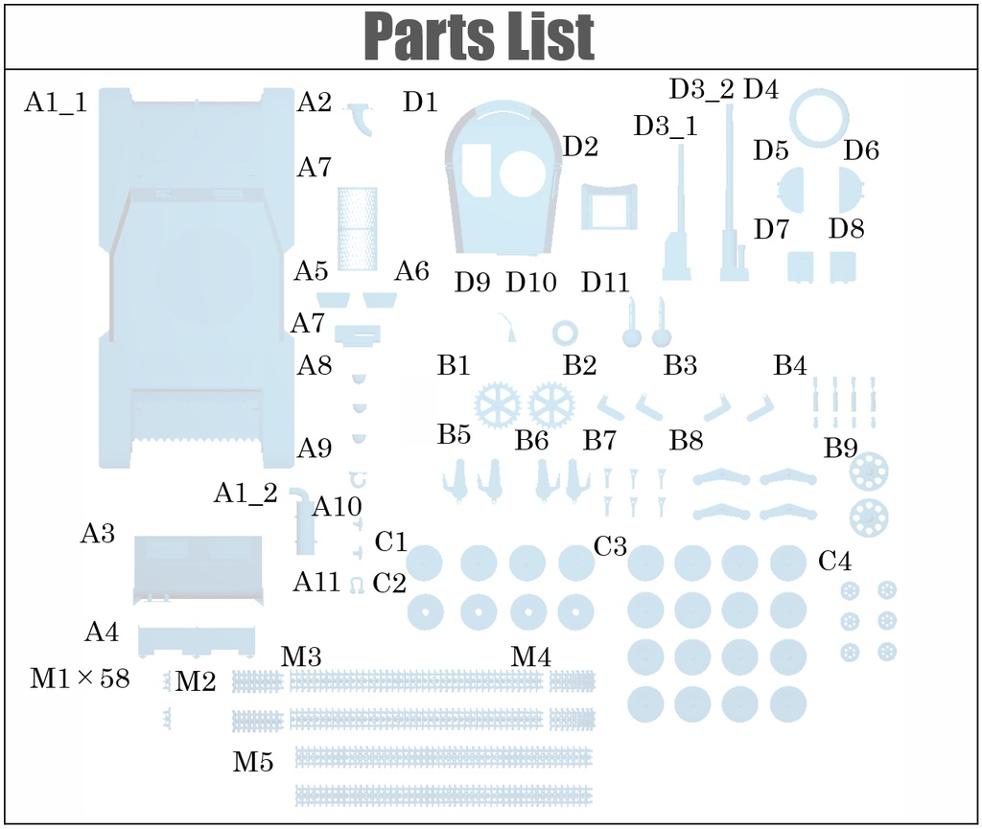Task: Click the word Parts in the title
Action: (x=417, y=37)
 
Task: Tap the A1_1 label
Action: (x=56, y=103)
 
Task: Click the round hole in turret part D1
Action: (x=524, y=172)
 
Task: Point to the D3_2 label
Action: (x=701, y=90)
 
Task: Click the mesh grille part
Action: (x=358, y=227)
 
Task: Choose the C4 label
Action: (x=834, y=562)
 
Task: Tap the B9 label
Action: (x=841, y=448)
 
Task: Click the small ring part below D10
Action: (x=565, y=333)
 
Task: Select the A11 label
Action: (x=317, y=582)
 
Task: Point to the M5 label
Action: (x=253, y=762)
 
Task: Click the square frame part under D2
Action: (x=609, y=207)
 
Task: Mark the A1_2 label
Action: (x=245, y=493)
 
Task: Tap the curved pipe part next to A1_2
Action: (x=304, y=518)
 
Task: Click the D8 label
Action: (x=847, y=229)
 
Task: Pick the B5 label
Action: (x=455, y=434)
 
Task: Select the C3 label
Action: (x=611, y=547)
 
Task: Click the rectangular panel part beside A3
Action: (x=198, y=569)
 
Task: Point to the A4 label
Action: (x=102, y=633)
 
